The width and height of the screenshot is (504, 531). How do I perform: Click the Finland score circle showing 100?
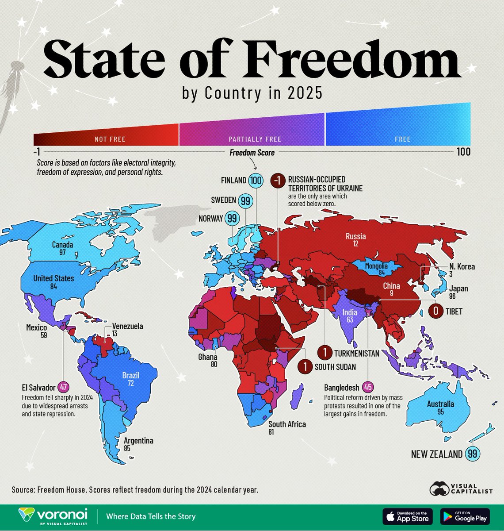pyautogui.click(x=256, y=181)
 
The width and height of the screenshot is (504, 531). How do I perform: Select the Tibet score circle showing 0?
pyautogui.click(x=436, y=312)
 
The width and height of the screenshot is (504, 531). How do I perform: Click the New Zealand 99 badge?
pyautogui.click(x=472, y=454)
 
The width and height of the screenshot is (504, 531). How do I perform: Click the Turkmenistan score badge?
pyautogui.click(x=325, y=353)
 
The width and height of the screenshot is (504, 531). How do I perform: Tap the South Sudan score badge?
pyautogui.click(x=305, y=366)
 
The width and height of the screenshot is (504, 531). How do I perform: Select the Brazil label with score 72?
pyautogui.click(x=131, y=379)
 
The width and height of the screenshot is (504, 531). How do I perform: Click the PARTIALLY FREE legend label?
pyautogui.click(x=255, y=139)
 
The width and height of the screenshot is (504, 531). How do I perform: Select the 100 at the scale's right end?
pyautogui.click(x=463, y=152)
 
